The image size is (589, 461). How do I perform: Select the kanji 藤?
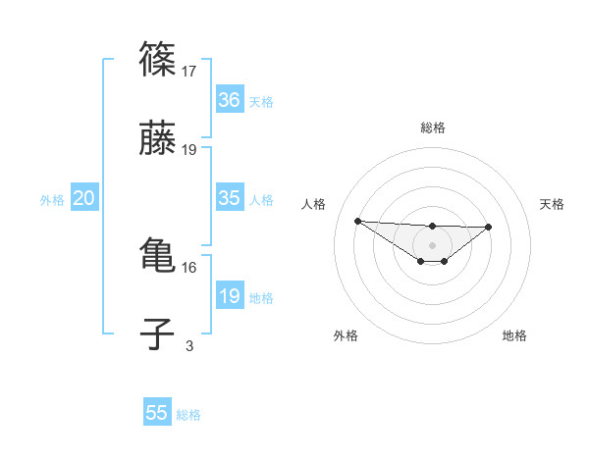click(x=157, y=140)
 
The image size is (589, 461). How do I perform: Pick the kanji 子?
click(x=157, y=335)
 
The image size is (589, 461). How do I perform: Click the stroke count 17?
click(x=190, y=72)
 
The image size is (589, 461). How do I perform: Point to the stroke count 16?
click(x=188, y=267)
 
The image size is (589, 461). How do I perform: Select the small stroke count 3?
click(x=189, y=345)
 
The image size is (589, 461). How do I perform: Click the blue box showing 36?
click(x=230, y=100)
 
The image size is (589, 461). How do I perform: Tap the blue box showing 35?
click(x=230, y=198)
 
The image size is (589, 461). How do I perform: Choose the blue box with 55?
click(x=157, y=413)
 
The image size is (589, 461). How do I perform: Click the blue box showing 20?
click(x=84, y=198)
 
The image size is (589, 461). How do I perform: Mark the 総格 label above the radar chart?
click(x=433, y=128)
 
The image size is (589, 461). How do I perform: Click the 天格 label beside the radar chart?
click(x=552, y=204)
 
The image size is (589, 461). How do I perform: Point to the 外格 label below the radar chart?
click(x=346, y=335)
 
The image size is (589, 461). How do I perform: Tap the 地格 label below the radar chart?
click(x=514, y=335)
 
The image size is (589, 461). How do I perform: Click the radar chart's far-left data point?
click(x=358, y=221)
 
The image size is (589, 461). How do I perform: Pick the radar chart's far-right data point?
click(x=489, y=227)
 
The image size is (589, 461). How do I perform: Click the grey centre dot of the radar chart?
click(x=432, y=244)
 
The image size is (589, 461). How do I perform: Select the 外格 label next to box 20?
click(x=52, y=199)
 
